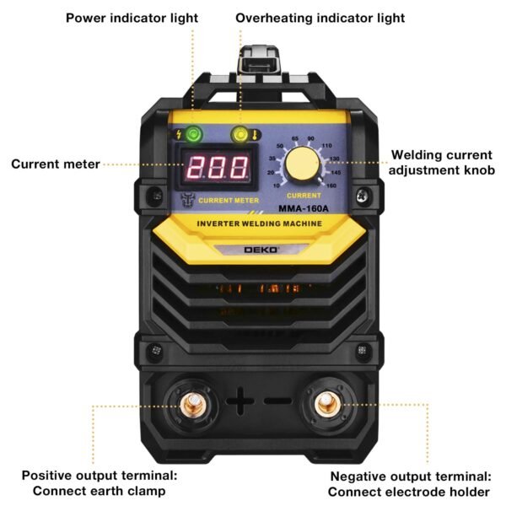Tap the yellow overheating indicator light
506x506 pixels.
coord(240,134)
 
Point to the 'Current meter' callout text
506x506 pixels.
coord(56,164)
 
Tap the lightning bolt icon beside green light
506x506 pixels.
coord(178,135)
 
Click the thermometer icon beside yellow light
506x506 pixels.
coord(254,135)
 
